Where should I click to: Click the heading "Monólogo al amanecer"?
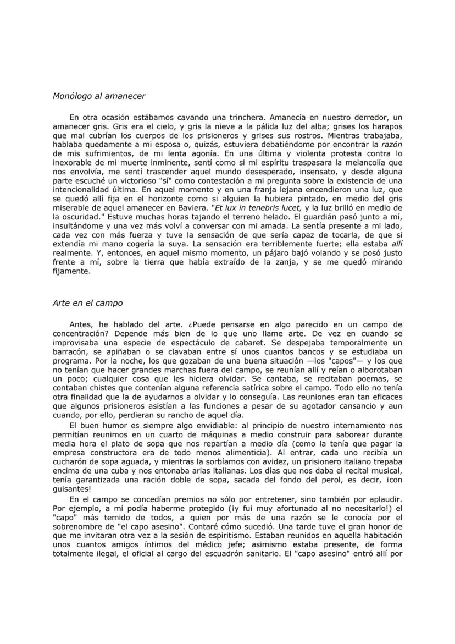99,96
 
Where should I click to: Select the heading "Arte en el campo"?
87,302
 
